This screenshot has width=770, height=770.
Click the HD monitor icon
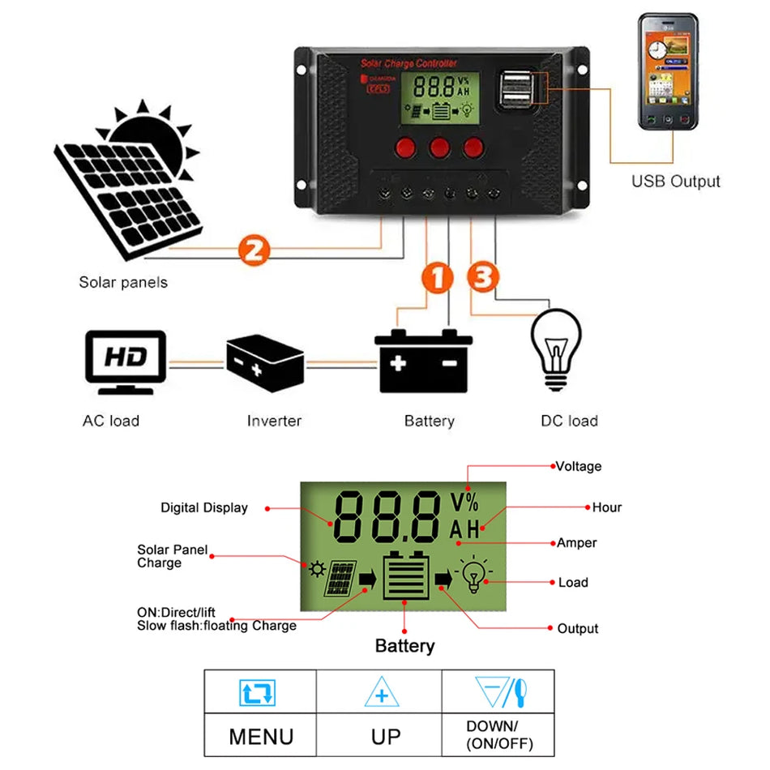(126, 361)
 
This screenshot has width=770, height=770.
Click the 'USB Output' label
(675, 182)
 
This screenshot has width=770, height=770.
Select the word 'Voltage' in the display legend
(579, 466)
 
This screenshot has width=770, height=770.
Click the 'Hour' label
(606, 507)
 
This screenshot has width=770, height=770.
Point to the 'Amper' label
(576, 542)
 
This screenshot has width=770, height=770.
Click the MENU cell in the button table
(260, 736)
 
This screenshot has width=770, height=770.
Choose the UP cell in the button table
(385, 736)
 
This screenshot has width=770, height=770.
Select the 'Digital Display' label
(203, 508)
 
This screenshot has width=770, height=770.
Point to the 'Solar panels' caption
(123, 283)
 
